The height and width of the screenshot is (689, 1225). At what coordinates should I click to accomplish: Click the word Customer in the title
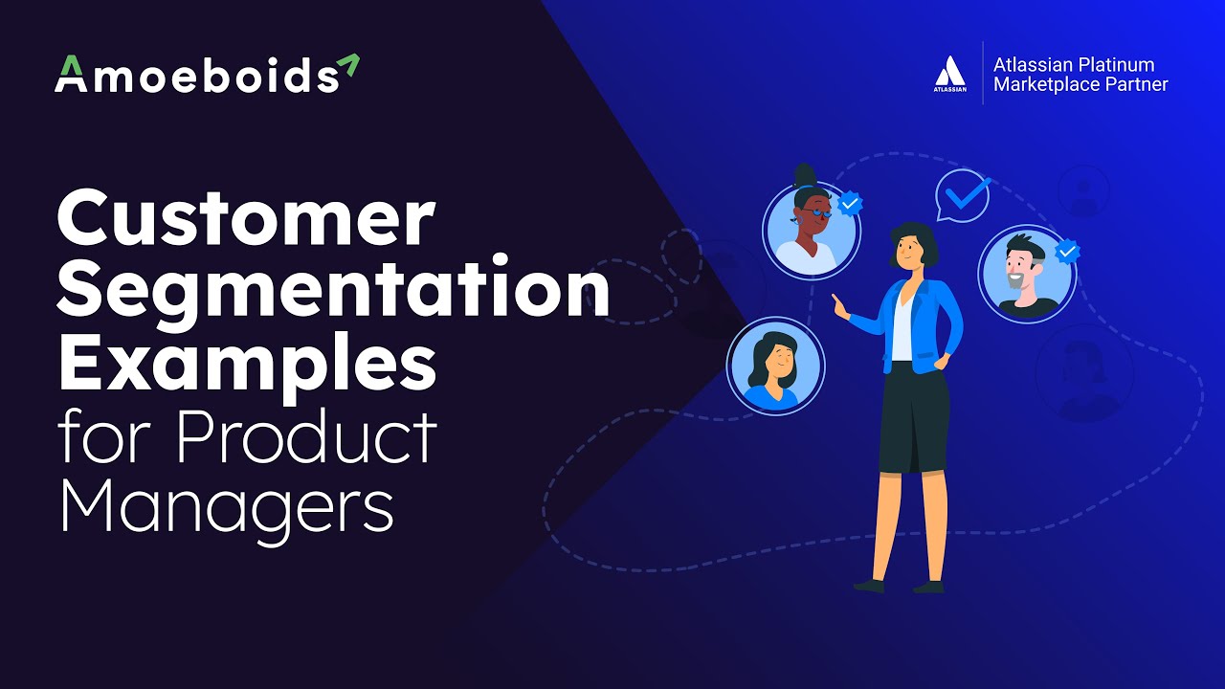(x=246, y=219)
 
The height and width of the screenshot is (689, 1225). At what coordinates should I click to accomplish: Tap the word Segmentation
(x=333, y=292)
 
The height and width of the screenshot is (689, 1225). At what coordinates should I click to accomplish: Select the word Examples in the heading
(x=246, y=364)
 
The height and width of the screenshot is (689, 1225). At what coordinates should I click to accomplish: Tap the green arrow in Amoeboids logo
(x=347, y=65)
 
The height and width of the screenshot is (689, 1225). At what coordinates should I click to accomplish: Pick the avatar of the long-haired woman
(x=774, y=365)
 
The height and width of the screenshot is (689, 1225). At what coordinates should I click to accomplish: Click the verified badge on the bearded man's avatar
(x=1067, y=253)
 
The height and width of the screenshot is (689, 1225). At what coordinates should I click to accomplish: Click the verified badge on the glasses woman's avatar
(x=850, y=203)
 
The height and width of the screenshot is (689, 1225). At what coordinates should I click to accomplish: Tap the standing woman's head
(x=911, y=246)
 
